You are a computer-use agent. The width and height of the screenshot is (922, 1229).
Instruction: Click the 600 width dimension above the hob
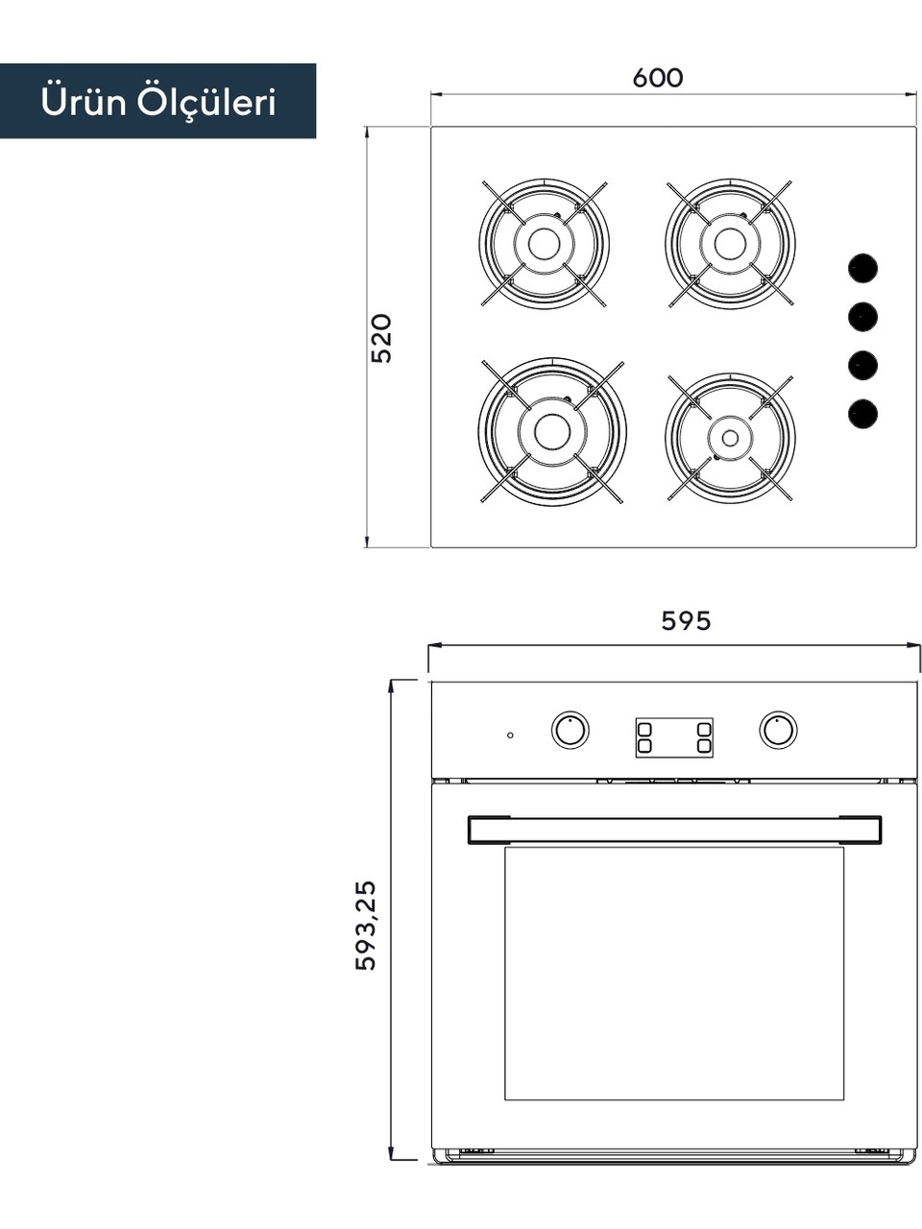tap(658, 79)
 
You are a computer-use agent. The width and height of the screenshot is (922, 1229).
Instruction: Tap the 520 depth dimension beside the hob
tap(382, 339)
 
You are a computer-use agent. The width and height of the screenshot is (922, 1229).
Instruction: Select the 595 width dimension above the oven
tap(686, 621)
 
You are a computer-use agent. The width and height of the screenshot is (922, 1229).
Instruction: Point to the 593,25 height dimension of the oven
tap(366, 926)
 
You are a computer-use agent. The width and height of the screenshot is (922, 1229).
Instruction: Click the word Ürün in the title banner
tap(84, 103)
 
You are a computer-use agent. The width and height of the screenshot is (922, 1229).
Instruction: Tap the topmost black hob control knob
tap(862, 268)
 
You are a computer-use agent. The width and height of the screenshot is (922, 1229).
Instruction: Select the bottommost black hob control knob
tap(862, 415)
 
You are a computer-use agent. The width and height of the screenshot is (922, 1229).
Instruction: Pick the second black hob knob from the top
tap(862, 317)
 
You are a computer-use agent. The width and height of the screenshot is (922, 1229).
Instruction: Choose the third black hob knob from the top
tap(862, 366)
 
